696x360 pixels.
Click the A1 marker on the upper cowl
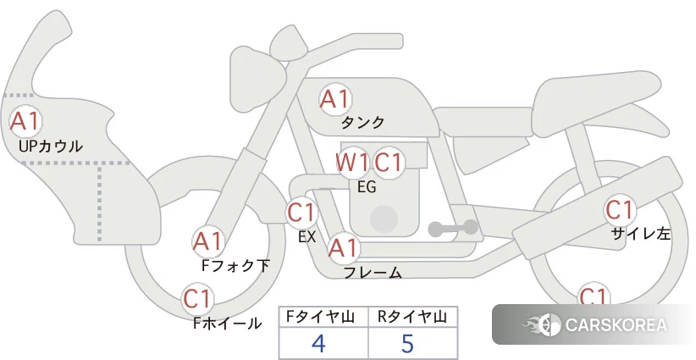click(25, 121)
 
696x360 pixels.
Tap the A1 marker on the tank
click(335, 99)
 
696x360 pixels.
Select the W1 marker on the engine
click(352, 163)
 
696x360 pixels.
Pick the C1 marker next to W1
click(388, 163)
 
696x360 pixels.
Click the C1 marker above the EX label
click(301, 212)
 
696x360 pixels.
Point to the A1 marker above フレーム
click(343, 248)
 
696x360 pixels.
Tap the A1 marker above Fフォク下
click(207, 242)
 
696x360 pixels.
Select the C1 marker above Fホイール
click(197, 299)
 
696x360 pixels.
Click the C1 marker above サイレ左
click(619, 210)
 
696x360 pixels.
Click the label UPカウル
click(51, 146)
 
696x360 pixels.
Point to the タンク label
click(362, 123)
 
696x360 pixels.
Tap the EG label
click(367, 187)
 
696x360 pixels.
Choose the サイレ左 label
click(641, 234)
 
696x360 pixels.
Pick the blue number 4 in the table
click(318, 343)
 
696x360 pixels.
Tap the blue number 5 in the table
click(407, 343)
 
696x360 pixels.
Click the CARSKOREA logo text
click(616, 325)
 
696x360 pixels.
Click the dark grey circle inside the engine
click(384, 219)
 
